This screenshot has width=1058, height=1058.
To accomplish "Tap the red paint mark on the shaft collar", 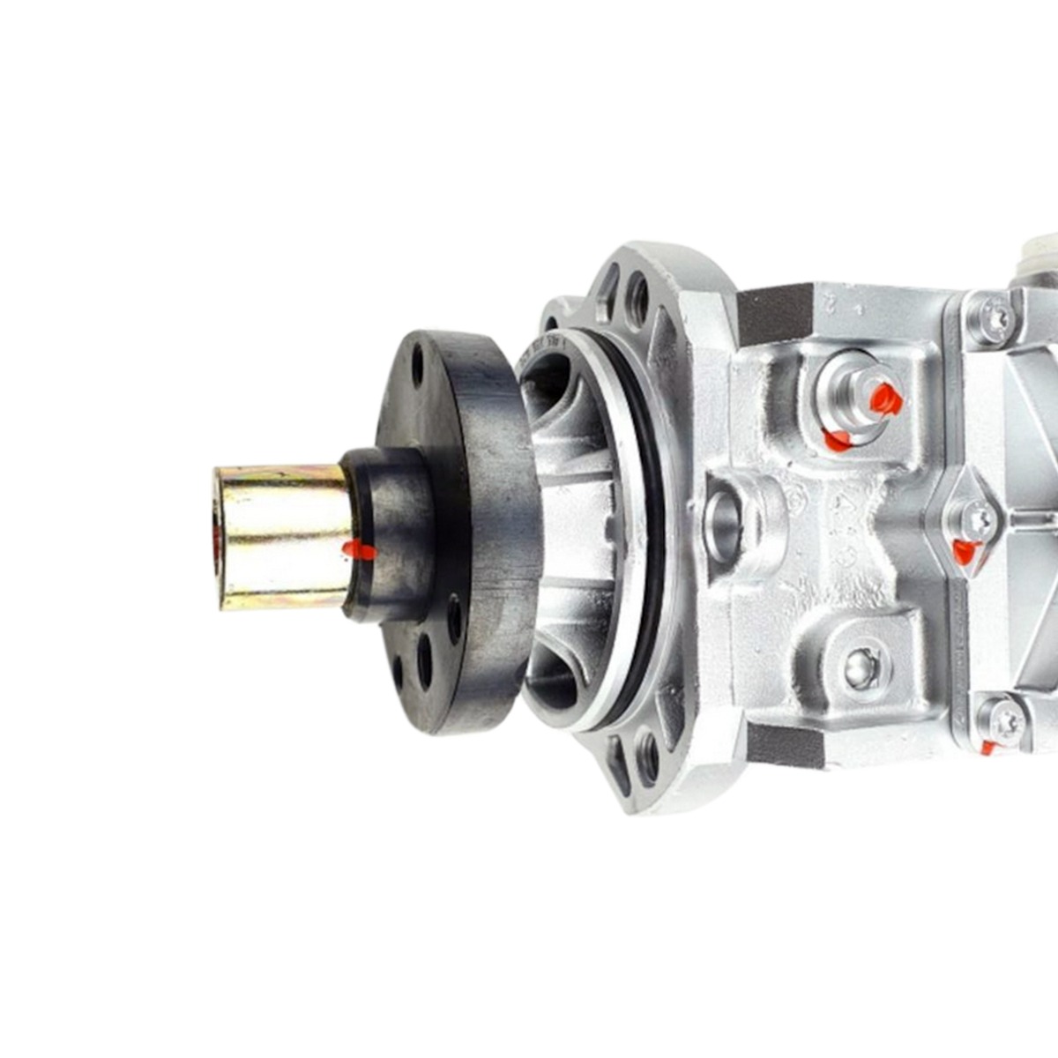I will [358, 551].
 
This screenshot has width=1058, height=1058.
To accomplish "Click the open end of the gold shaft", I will [218, 538].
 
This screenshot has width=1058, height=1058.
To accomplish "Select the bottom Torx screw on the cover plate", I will [1006, 721].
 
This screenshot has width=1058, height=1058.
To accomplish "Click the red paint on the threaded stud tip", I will [885, 399].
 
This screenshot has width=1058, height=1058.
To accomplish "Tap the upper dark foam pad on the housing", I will [774, 313].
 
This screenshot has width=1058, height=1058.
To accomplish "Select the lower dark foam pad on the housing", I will [785, 745].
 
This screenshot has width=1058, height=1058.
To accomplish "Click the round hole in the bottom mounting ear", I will [649, 757].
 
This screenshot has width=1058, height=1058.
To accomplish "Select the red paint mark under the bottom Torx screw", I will [988, 749].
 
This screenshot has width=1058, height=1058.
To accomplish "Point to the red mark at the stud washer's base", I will [838, 440].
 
